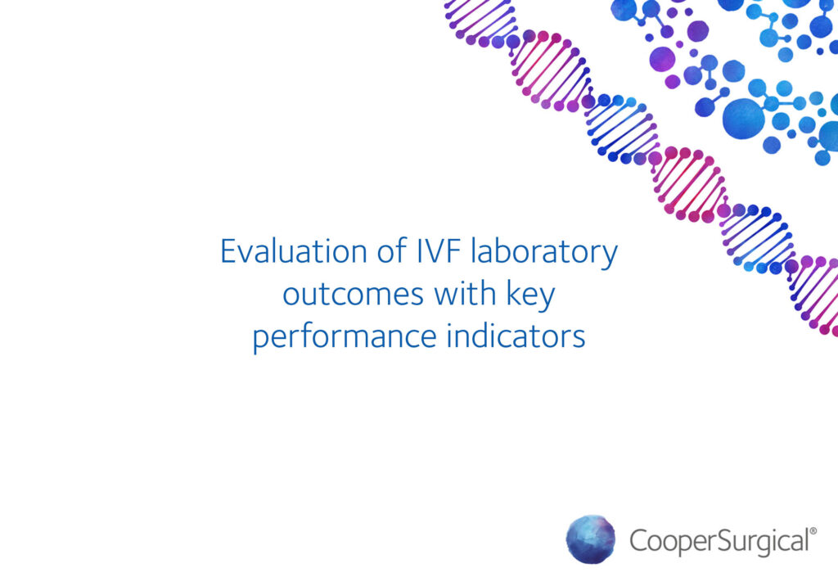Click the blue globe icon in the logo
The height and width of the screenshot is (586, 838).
click(591, 539)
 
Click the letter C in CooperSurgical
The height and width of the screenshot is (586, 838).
click(639, 541)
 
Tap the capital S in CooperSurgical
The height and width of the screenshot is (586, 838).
click(719, 541)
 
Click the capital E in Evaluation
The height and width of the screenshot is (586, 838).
click(228, 251)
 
